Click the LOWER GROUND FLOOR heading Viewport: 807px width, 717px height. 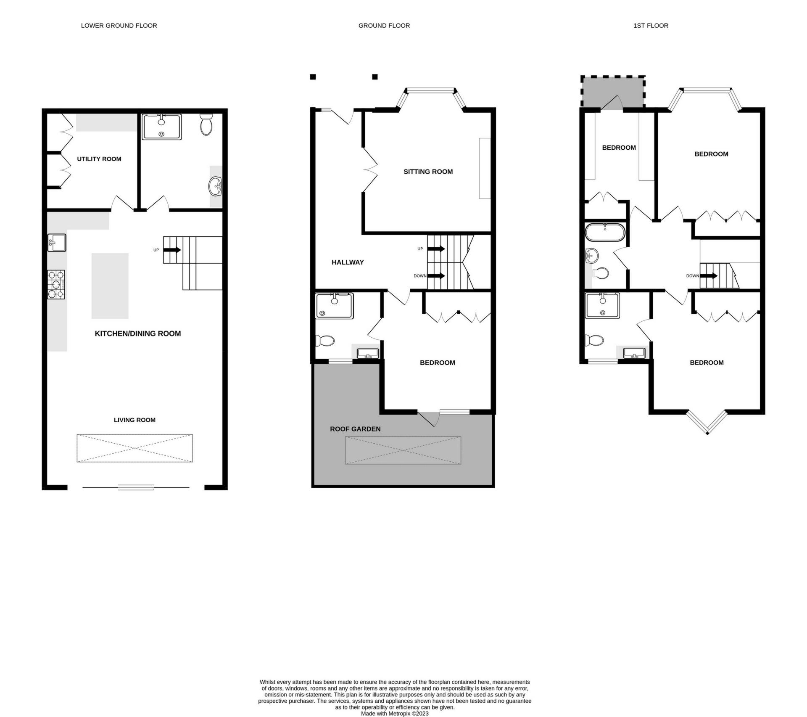click(119, 26)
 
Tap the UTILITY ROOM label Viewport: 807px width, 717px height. click(99, 159)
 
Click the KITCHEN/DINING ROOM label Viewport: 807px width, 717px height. click(138, 333)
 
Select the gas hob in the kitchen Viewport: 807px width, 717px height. click(56, 285)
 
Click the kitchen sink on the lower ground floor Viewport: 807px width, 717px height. click(57, 243)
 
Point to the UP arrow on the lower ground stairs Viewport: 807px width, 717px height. click(172, 250)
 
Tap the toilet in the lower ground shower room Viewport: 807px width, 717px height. click(206, 125)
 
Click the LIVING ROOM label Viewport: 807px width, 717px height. click(134, 420)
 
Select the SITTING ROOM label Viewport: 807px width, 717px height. click(428, 172)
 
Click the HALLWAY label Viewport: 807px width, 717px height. click(348, 262)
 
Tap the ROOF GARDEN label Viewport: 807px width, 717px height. click(355, 429)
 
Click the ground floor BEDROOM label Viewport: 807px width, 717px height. click(437, 362)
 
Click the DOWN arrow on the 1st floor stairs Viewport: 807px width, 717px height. click(709, 276)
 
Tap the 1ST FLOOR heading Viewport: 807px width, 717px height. click(651, 26)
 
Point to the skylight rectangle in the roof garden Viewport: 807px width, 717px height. click(403, 450)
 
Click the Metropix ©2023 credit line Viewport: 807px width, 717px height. click(395, 714)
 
